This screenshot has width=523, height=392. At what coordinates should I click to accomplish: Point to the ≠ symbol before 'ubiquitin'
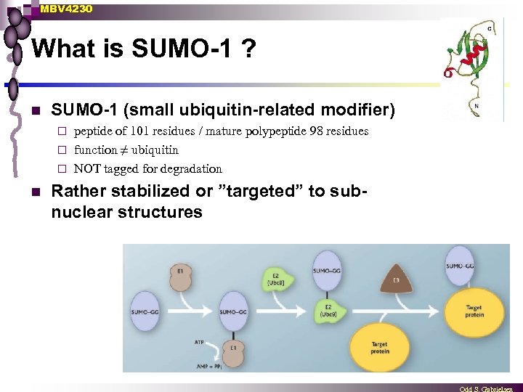click(123, 150)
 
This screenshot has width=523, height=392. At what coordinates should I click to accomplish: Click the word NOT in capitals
click(87, 169)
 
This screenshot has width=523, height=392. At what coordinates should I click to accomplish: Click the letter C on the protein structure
click(490, 29)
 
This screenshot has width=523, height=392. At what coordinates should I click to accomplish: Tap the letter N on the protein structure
click(476, 105)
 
